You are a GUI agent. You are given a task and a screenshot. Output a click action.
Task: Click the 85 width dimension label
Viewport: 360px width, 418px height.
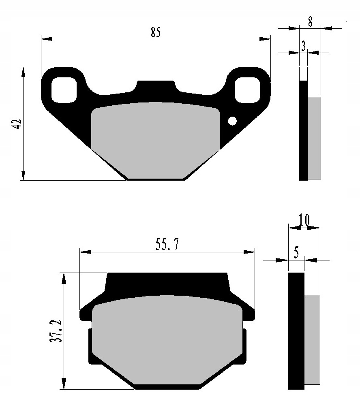tap(156, 32)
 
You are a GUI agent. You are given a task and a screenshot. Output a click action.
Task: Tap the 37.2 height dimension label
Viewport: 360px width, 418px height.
tap(56, 330)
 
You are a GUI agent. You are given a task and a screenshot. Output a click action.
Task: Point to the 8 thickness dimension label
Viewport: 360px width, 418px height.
tap(310, 22)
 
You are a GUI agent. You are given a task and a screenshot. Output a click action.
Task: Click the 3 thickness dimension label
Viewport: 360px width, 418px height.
tap(303, 47)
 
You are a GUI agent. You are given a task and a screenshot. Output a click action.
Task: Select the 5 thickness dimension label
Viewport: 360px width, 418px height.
tap(296, 254)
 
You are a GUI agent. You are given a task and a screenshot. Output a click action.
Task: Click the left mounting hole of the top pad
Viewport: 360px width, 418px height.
tap(64, 89)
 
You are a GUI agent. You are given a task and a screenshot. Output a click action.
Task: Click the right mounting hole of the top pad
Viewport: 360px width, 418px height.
tap(247, 89)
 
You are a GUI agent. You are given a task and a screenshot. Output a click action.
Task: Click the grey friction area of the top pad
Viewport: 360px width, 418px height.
tap(155, 138)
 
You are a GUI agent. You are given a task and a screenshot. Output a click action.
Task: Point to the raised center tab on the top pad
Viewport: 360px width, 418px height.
tap(156, 86)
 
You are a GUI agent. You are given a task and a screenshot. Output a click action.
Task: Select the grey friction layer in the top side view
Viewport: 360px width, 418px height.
tap(314, 138)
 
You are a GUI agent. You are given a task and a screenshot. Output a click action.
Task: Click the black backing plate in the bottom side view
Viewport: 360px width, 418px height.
tap(296, 330)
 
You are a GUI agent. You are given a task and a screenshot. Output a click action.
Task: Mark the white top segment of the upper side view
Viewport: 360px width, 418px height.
tap(303, 74)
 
